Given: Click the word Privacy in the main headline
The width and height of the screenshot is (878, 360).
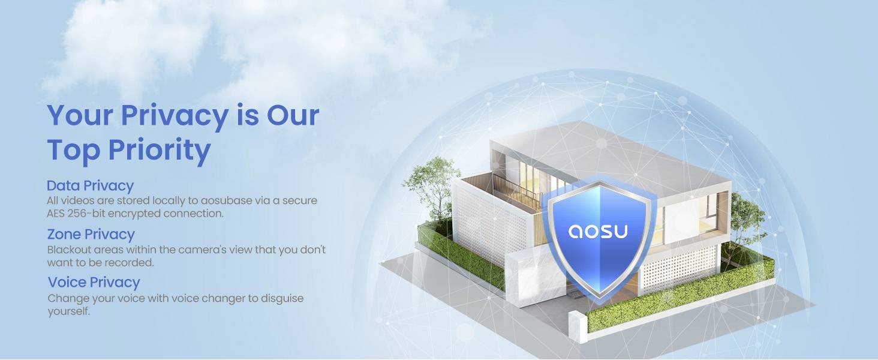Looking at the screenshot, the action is tap(175, 116).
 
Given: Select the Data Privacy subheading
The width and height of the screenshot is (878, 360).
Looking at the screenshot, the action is tap(90, 186).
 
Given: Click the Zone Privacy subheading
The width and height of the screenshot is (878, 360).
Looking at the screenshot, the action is tap(91, 234).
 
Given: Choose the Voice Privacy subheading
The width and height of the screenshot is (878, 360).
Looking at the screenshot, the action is tap(94, 283).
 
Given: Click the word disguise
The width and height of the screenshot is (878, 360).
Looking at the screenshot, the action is tap(282, 299).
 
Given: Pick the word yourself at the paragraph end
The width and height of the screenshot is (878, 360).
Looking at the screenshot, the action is tap(68, 311).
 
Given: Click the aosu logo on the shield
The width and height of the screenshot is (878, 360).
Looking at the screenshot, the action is tap(598, 231).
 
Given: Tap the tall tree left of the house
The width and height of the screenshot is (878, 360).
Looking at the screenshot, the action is tap(431, 188).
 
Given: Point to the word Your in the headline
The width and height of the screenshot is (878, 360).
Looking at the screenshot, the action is tap(80, 116).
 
